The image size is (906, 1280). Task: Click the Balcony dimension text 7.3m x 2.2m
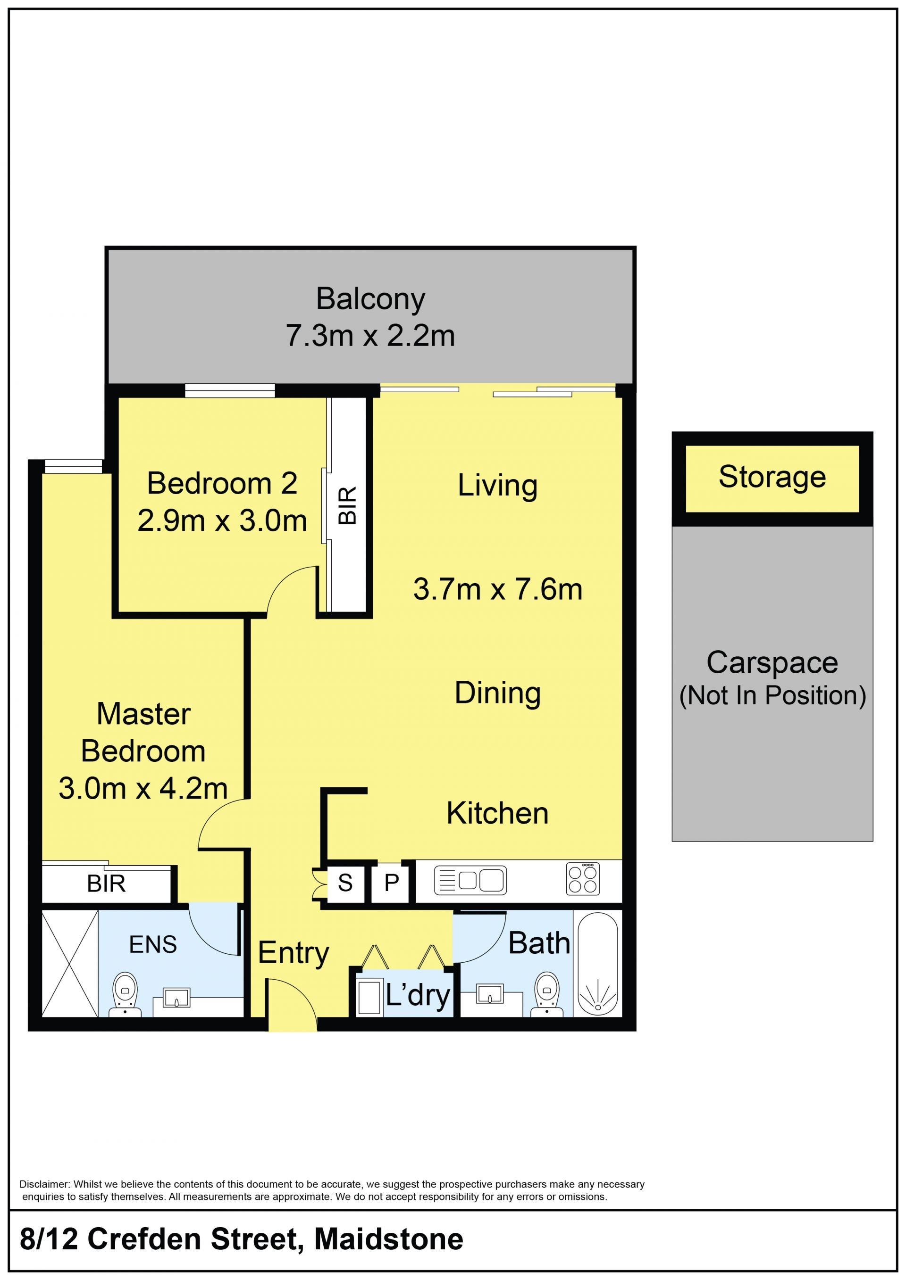[x=370, y=336]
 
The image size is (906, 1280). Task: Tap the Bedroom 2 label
[x=222, y=483]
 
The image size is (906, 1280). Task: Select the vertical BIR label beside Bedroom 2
[x=347, y=506]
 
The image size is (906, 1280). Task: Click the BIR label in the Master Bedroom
[x=106, y=884]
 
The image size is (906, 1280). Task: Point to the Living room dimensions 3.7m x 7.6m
[x=498, y=589]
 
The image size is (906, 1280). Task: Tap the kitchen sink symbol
[x=470, y=880]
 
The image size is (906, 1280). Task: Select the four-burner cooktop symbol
[x=583, y=879]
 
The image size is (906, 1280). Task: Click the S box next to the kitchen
[x=345, y=882]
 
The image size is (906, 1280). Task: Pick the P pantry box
[x=392, y=882]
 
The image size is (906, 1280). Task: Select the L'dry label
[x=418, y=996]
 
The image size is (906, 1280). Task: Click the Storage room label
[x=772, y=477]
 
